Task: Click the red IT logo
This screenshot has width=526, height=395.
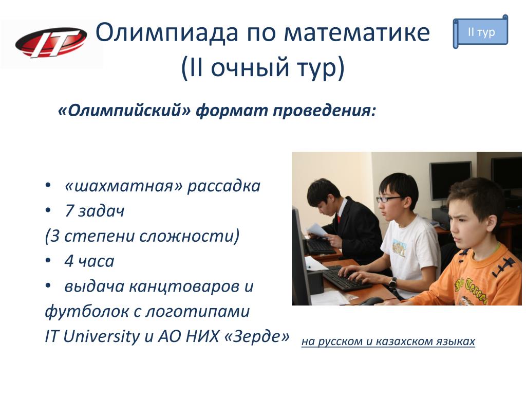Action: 51,43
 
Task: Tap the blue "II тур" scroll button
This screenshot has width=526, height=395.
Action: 480,32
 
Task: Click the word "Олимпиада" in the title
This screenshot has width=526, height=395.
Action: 167,33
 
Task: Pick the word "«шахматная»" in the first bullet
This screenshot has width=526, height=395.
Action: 123,186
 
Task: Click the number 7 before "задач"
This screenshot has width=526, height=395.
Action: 69,210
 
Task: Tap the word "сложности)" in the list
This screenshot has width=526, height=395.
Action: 189,236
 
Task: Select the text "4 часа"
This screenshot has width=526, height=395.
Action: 89,261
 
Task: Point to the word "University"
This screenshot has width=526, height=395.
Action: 102,336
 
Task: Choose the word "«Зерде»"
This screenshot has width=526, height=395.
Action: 256,336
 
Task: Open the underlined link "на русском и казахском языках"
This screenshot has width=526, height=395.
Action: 388,342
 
